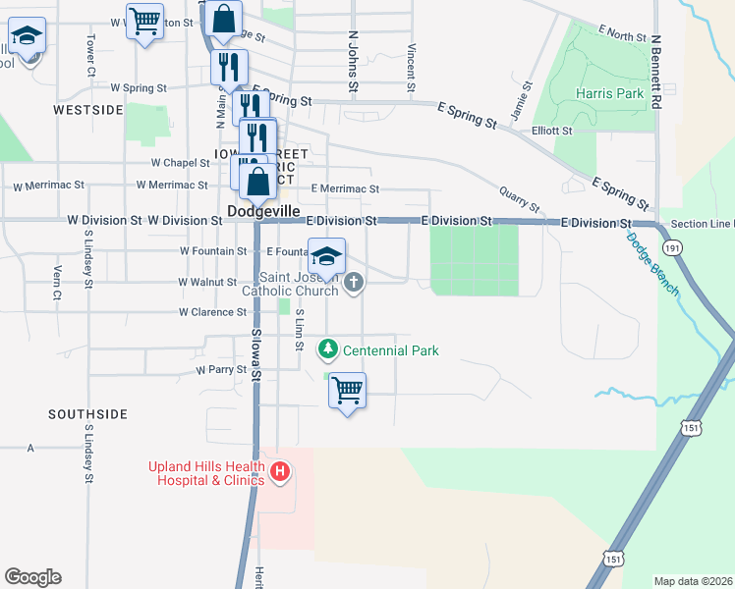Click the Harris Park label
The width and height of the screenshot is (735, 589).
point(610,94)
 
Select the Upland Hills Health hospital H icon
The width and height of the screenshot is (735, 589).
point(280,472)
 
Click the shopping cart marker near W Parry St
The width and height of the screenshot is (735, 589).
point(347,390)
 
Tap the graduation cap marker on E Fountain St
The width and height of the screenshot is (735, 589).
point(327,257)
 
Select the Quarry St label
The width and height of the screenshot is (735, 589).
point(520,200)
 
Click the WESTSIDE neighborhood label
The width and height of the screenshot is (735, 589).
point(88,110)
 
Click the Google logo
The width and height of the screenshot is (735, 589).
point(32,577)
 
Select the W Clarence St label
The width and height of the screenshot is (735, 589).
point(212,312)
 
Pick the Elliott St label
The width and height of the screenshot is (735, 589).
point(551,131)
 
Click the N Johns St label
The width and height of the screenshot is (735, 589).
point(353,61)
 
